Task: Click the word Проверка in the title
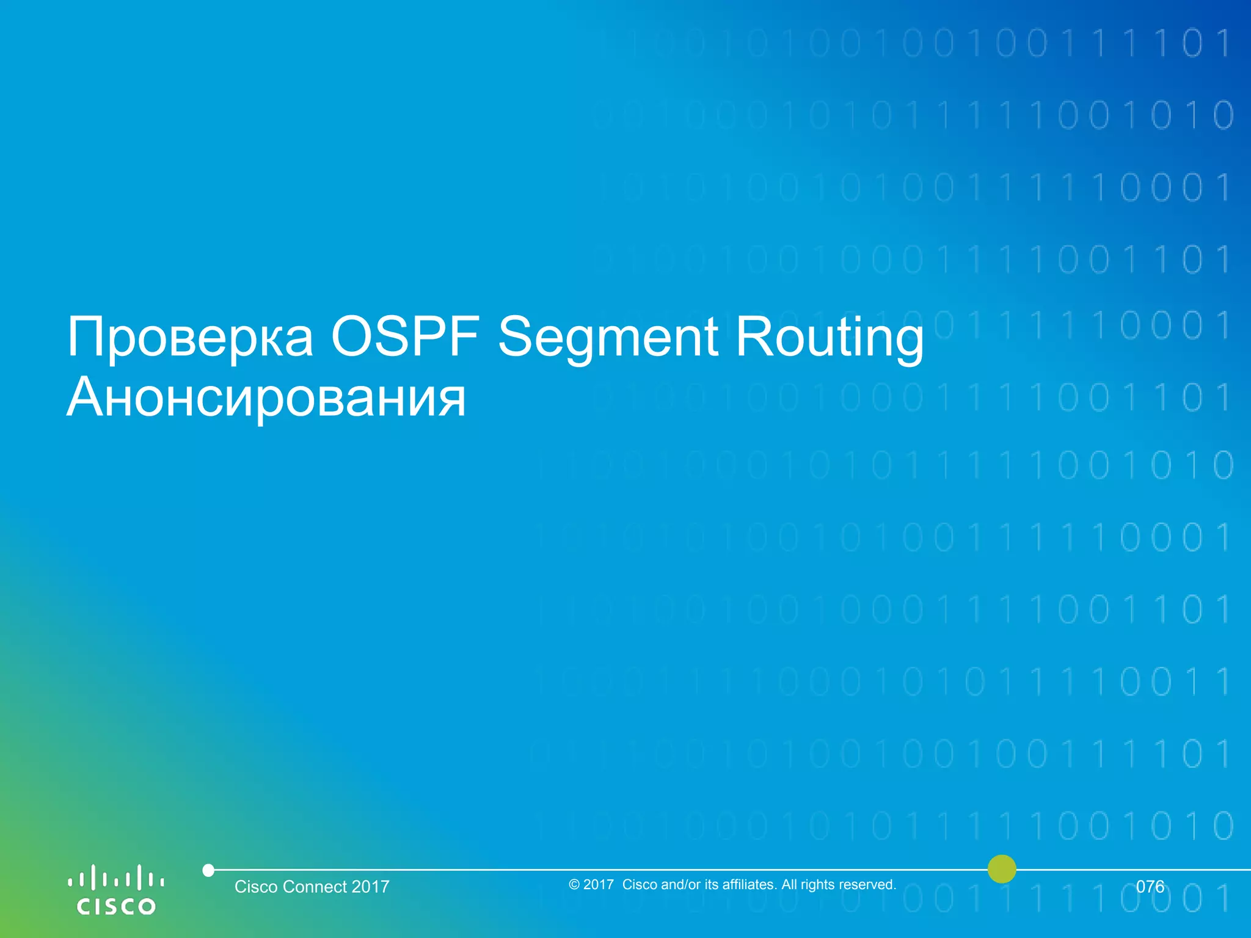click(x=190, y=337)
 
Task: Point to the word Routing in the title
click(x=830, y=337)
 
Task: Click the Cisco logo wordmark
click(x=116, y=906)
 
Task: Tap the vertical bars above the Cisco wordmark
click(x=116, y=878)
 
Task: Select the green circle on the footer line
click(x=1002, y=868)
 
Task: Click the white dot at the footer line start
click(x=208, y=870)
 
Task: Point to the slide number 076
click(x=1150, y=887)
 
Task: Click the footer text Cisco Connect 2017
click(x=312, y=887)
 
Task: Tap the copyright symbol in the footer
click(x=574, y=885)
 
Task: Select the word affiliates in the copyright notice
click(x=750, y=884)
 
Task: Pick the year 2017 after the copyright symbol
click(x=599, y=885)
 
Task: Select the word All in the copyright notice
click(x=789, y=884)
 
